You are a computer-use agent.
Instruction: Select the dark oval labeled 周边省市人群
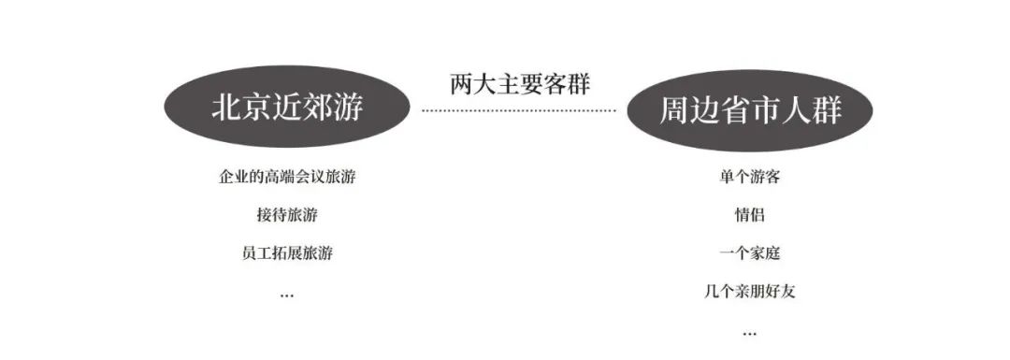click(750, 112)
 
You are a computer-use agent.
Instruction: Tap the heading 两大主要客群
click(519, 84)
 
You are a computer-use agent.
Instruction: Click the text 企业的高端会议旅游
click(287, 177)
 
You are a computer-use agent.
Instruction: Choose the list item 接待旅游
click(287, 214)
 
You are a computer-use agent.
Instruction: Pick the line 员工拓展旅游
click(287, 252)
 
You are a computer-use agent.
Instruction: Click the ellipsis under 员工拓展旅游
click(287, 295)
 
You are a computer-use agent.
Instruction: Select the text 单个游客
click(749, 177)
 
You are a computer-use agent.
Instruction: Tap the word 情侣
click(749, 214)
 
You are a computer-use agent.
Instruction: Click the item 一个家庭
click(749, 252)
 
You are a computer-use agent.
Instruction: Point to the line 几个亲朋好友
click(749, 291)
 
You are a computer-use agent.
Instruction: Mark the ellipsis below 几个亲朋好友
click(749, 333)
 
